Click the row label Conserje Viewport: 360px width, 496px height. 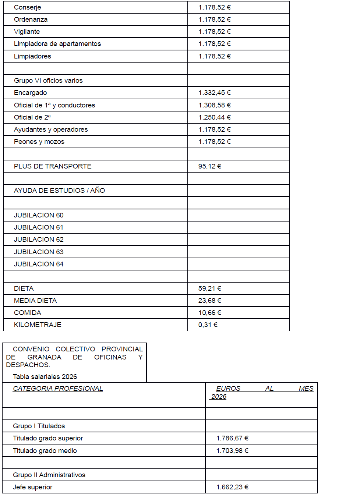[28, 7]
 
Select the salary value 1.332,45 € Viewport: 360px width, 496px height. [215, 93]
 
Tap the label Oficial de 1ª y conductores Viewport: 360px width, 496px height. [54, 105]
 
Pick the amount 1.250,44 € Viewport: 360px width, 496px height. [215, 117]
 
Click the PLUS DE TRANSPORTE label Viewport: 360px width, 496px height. [53, 166]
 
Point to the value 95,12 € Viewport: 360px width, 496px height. [210, 166]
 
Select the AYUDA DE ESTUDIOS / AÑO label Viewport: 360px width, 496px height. [59, 191]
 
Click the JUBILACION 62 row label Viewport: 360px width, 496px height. [39, 240]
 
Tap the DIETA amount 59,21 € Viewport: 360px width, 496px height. [210, 288]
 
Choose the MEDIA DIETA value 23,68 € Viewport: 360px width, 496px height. [210, 301]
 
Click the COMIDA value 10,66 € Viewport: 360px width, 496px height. [210, 313]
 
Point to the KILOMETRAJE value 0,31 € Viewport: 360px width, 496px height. [208, 325]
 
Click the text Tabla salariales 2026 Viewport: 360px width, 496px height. [45, 377]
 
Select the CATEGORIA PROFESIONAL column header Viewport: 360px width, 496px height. [58, 389]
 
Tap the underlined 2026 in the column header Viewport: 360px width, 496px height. [219, 397]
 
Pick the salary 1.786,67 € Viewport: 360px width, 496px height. [232, 438]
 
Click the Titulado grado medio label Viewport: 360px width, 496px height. [45, 451]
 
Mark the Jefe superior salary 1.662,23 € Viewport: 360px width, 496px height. [232, 487]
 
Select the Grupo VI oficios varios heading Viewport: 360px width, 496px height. [48, 81]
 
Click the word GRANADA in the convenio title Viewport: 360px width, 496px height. [44, 357]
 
